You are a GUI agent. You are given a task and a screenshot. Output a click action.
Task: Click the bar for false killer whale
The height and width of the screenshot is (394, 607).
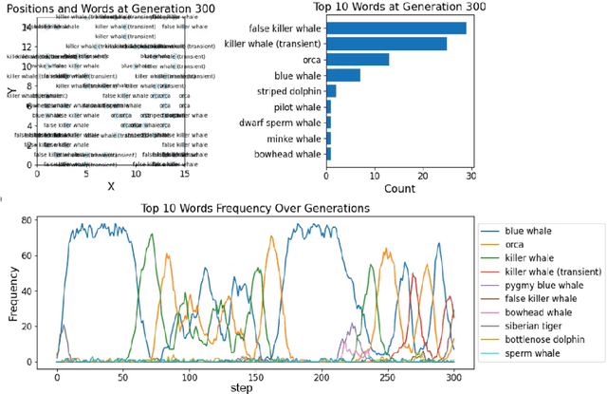point(396,28)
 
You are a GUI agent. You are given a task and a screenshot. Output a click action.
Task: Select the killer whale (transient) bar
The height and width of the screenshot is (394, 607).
point(387,44)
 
